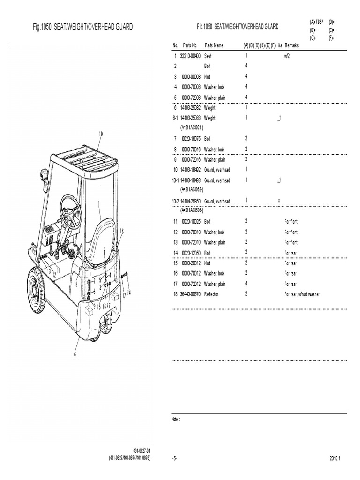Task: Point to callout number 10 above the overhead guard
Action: click(100, 134)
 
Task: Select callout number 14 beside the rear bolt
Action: click(129, 292)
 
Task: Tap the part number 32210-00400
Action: click(190, 56)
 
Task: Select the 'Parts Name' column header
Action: click(214, 45)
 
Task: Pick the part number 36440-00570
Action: click(190, 294)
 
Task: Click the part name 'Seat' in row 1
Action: click(208, 56)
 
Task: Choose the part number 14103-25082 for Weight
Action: click(190, 108)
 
